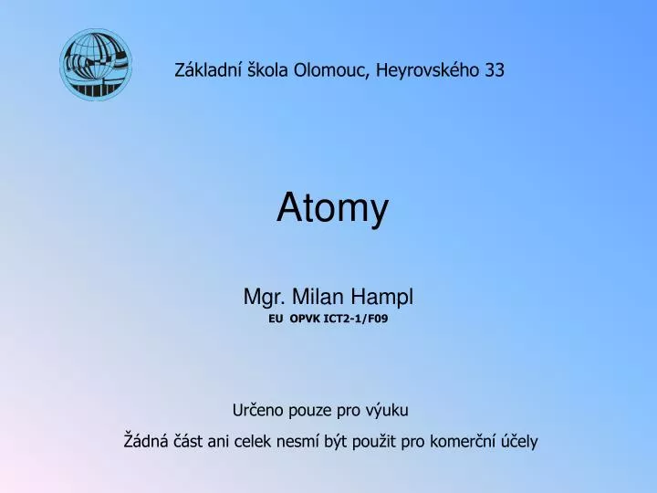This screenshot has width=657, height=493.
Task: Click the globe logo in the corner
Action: click(96, 64)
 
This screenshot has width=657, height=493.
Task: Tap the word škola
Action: click(267, 69)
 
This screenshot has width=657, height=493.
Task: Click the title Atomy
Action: click(332, 210)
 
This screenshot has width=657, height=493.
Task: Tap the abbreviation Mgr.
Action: click(261, 298)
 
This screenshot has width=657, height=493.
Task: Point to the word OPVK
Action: click(308, 320)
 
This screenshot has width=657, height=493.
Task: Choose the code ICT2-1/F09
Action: click(363, 320)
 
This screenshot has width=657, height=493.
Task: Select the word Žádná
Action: click(145, 441)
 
